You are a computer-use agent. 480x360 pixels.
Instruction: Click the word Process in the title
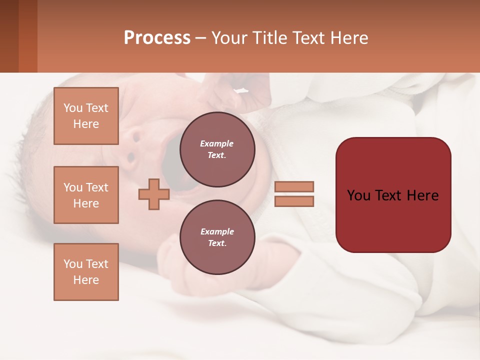point(157,38)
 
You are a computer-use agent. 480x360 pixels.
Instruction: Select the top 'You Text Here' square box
point(86,116)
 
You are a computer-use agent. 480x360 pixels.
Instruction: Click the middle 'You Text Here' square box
point(86,195)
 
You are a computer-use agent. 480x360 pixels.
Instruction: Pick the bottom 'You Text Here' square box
point(86,272)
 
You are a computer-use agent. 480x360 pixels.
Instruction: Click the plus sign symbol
point(153,194)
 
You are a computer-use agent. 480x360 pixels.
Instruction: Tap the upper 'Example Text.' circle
point(217,149)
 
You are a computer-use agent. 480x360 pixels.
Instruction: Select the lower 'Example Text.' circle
point(217,237)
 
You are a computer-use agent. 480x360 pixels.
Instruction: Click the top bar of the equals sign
point(294,186)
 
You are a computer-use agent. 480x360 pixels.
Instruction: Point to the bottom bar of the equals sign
point(294,201)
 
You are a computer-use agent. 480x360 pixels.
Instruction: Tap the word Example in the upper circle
point(217,143)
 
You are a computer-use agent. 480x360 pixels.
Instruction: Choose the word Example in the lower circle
point(217,231)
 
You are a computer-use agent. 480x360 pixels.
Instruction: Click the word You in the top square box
point(73,108)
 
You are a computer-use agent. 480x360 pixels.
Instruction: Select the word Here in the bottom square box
point(86,280)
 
